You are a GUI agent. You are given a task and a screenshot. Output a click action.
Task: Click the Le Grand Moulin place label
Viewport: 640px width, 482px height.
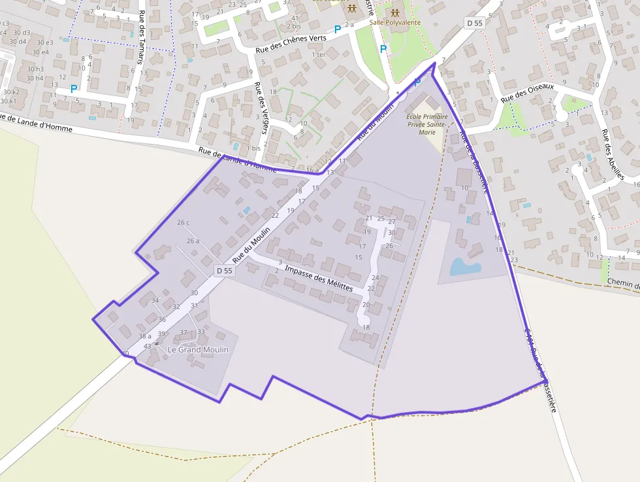pos(198,350)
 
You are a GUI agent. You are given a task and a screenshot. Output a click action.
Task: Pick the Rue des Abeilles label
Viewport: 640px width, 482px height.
pos(613,154)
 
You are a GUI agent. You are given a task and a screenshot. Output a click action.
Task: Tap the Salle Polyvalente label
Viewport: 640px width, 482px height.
pos(395,22)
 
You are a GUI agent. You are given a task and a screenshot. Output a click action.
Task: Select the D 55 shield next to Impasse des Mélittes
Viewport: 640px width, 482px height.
pos(223,271)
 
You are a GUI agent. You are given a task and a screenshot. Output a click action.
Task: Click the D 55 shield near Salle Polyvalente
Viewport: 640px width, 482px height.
pos(474,23)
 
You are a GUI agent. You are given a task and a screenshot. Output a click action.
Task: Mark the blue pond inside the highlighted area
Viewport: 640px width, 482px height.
pos(465,267)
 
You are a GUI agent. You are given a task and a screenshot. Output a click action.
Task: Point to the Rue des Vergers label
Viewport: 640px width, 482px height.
pos(261,107)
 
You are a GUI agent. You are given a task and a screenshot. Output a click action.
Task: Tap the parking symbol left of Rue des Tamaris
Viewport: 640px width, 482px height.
pos(74,88)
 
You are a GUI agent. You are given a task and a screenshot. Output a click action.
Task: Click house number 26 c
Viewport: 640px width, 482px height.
pos(184,222)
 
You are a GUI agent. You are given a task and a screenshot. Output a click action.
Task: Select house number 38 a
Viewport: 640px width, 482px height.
pos(145,336)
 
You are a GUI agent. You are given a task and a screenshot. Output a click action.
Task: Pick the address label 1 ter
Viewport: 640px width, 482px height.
pos(319,54)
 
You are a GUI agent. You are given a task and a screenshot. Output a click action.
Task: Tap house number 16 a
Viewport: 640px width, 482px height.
pos(312,169)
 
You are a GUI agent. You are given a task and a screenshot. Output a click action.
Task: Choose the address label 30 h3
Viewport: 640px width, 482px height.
pos(35,69)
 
